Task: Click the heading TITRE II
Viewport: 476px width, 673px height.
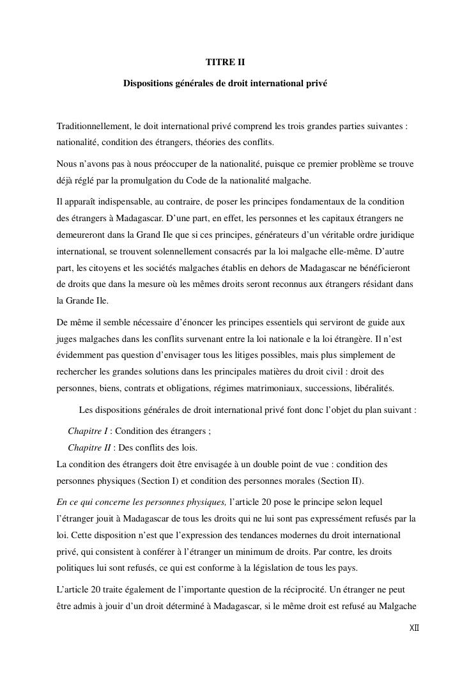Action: point(225,63)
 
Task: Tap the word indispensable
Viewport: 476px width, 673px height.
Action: point(122,203)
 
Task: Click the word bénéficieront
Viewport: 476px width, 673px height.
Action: point(385,267)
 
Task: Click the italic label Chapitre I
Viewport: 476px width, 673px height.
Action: point(88,431)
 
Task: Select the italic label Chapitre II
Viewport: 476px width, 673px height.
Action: point(89,447)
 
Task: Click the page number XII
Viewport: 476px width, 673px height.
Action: point(414,628)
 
